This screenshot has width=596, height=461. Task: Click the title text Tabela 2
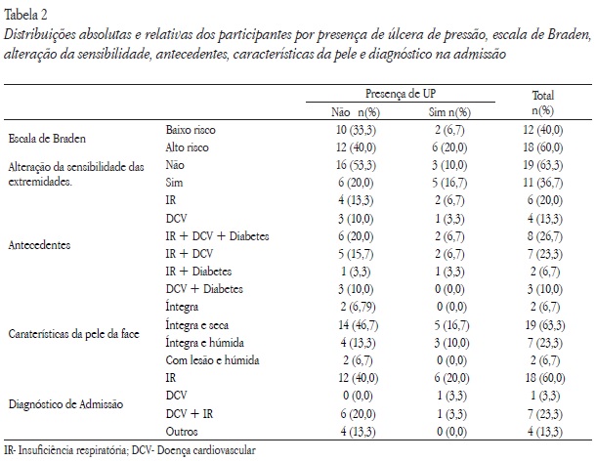28,11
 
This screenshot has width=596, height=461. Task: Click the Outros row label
184,430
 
